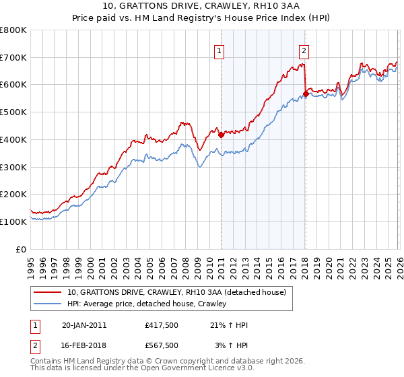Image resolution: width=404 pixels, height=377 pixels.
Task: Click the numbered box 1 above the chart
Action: [x=220, y=49]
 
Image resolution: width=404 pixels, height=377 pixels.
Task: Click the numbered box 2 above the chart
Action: [x=304, y=49]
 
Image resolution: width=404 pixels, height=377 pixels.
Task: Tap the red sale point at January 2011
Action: [x=221, y=135]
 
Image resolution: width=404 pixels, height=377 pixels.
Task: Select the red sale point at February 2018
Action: [x=305, y=94]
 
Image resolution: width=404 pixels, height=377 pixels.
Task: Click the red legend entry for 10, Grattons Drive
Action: [x=176, y=292]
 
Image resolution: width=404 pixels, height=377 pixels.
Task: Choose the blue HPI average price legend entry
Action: [x=147, y=304]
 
